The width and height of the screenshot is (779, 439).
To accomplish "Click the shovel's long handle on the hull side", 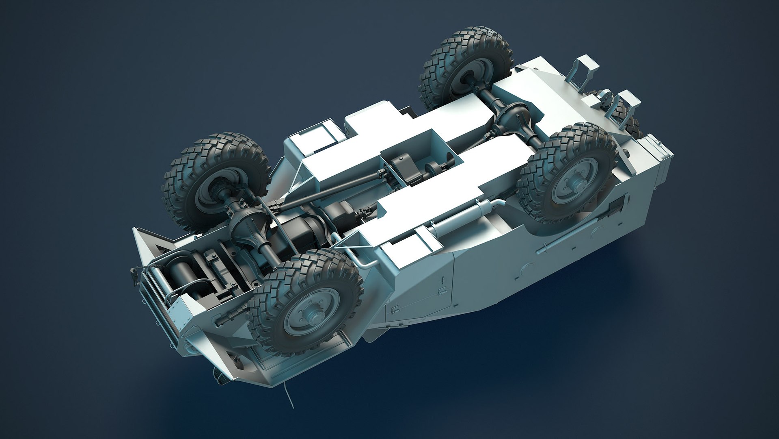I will (568, 240).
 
